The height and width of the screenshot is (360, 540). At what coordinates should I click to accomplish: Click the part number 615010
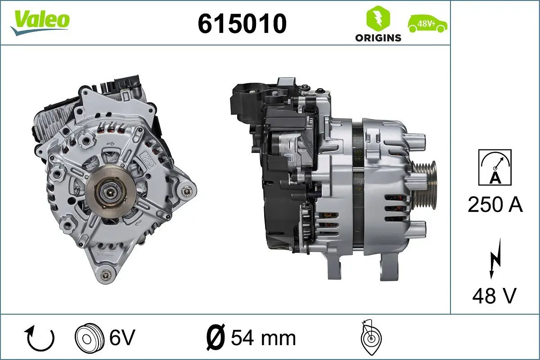pos(242,23)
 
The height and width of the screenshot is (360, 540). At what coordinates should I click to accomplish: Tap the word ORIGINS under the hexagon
pos(378,38)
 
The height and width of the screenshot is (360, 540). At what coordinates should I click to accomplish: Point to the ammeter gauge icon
pos(495,167)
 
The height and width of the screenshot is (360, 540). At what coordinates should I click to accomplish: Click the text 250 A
pos(495,205)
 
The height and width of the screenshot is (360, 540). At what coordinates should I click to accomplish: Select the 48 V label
pos(494,296)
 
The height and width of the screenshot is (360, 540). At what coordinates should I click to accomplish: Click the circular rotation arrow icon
pos(40,338)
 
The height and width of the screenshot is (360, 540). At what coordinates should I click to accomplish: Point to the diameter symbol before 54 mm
pos(215,338)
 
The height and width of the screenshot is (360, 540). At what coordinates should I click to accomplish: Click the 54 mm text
pos(263,338)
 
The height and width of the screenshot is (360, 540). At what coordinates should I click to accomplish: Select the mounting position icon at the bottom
pos(370,338)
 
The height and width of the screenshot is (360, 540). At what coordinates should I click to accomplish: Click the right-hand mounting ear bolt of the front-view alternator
pos(186,193)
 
